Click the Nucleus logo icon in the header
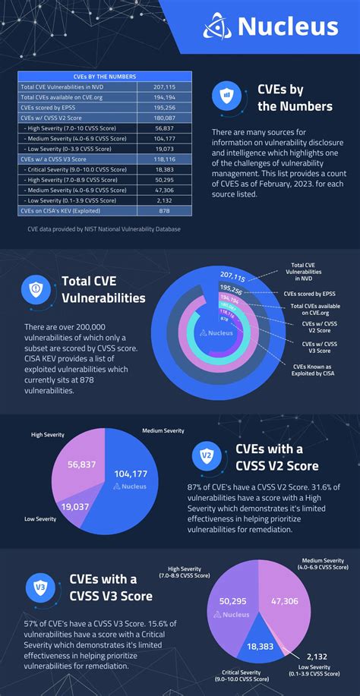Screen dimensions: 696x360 (218, 27)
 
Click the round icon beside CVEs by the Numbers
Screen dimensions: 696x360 (227, 97)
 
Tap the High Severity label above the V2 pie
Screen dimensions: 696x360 (47, 435)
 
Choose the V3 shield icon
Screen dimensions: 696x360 (39, 587)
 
